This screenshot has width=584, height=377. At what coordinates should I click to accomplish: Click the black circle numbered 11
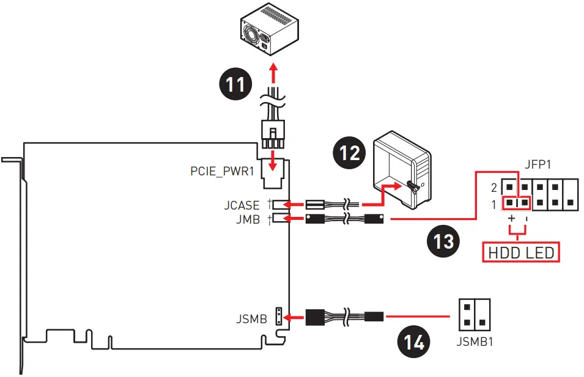tap(235, 84)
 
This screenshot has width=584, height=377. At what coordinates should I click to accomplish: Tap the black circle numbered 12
tap(349, 153)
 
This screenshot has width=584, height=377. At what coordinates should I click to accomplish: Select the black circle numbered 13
tap(443, 241)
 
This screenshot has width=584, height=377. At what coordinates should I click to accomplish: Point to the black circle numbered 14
tap(414, 342)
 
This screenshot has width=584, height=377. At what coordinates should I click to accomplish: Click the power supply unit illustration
tap(269, 29)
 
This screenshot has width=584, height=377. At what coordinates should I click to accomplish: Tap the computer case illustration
tap(402, 170)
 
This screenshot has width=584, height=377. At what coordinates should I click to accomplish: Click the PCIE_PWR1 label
tap(223, 171)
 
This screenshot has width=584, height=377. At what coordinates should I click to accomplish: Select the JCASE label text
tap(242, 205)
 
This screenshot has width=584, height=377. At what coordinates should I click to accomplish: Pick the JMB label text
tap(248, 219)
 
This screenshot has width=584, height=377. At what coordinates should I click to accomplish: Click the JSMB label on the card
tap(252, 319)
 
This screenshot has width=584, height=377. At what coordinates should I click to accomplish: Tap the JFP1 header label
tap(538, 164)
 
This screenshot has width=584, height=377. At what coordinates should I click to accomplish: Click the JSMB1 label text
tap(475, 342)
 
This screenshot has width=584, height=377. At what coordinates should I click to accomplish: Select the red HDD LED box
tap(521, 253)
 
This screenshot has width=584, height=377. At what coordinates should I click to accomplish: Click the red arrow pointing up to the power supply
tap(274, 73)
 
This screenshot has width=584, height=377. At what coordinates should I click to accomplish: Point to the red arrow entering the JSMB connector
tap(294, 318)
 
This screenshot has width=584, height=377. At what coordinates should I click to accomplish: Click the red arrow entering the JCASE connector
tap(294, 204)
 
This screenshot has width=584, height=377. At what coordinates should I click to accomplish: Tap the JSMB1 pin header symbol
tap(475, 315)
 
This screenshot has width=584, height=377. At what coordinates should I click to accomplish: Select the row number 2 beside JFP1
tap(494, 188)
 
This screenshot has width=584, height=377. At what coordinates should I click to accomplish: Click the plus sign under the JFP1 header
tap(511, 218)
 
